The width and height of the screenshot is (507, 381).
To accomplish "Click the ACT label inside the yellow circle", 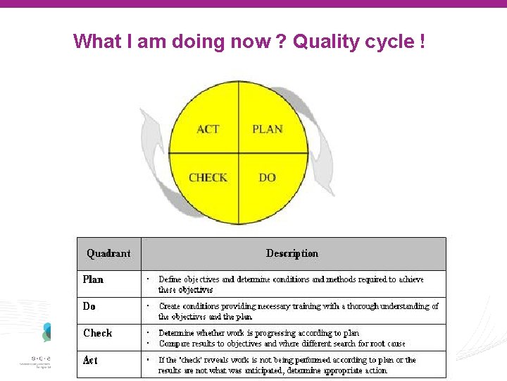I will point(208,129).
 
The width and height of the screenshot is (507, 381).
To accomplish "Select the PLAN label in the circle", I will point(268,129).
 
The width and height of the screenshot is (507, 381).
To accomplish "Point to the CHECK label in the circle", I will point(208,178).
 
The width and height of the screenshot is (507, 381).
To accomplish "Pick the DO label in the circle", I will point(268,178).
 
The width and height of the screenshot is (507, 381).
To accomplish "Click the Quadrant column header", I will point(108,253).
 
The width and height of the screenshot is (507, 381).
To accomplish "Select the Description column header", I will point(292,253).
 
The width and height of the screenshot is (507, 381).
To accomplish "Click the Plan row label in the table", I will point(93,279).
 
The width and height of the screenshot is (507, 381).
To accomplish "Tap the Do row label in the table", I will point(89,306).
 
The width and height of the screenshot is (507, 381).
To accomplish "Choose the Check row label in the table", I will point(97,333).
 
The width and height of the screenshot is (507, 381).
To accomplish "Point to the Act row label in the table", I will point(90,360).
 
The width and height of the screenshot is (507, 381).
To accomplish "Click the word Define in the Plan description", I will point(170,279).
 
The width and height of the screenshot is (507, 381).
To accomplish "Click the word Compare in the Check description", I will point(173,344).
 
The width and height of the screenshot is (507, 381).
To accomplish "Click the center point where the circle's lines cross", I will point(239,153).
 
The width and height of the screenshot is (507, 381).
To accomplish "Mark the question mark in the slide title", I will point(280,42).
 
